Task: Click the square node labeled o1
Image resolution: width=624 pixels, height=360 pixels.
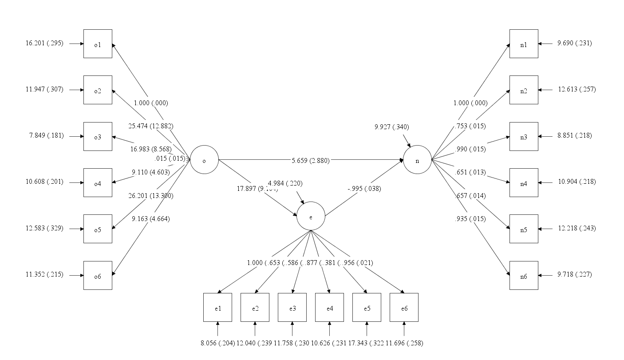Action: tap(98, 44)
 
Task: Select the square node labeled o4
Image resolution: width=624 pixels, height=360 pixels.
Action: tap(98, 182)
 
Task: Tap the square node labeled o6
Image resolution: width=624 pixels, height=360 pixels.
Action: tap(98, 275)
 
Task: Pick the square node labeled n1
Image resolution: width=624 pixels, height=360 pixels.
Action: tap(524, 44)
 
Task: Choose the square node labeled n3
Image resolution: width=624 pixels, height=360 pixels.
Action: tap(524, 136)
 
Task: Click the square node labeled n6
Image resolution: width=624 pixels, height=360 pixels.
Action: tap(524, 275)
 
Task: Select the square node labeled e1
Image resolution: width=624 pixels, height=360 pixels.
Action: tap(217, 307)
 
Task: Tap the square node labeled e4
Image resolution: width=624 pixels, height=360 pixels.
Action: tap(329, 307)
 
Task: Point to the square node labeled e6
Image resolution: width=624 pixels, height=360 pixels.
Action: tap(404, 307)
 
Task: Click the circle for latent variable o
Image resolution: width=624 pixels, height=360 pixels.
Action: tap(204, 160)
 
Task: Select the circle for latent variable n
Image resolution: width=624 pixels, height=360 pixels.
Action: tap(417, 160)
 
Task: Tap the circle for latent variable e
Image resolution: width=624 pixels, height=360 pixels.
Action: tap(311, 216)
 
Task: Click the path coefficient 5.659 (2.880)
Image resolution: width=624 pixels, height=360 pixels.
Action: tap(311, 161)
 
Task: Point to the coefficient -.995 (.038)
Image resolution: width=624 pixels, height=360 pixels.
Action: tap(363, 188)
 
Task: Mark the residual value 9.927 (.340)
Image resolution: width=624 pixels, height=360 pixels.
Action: tap(392, 127)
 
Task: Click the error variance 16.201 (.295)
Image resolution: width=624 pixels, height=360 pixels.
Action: tap(44, 44)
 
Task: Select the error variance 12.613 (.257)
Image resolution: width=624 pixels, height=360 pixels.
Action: tap(577, 89)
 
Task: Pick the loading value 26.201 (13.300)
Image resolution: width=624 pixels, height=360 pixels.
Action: tap(151, 196)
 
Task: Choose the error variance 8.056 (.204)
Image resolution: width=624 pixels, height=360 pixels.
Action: tap(217, 343)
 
